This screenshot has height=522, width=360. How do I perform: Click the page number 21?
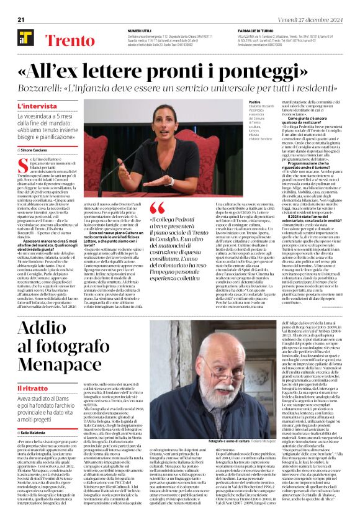click(20, 20)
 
